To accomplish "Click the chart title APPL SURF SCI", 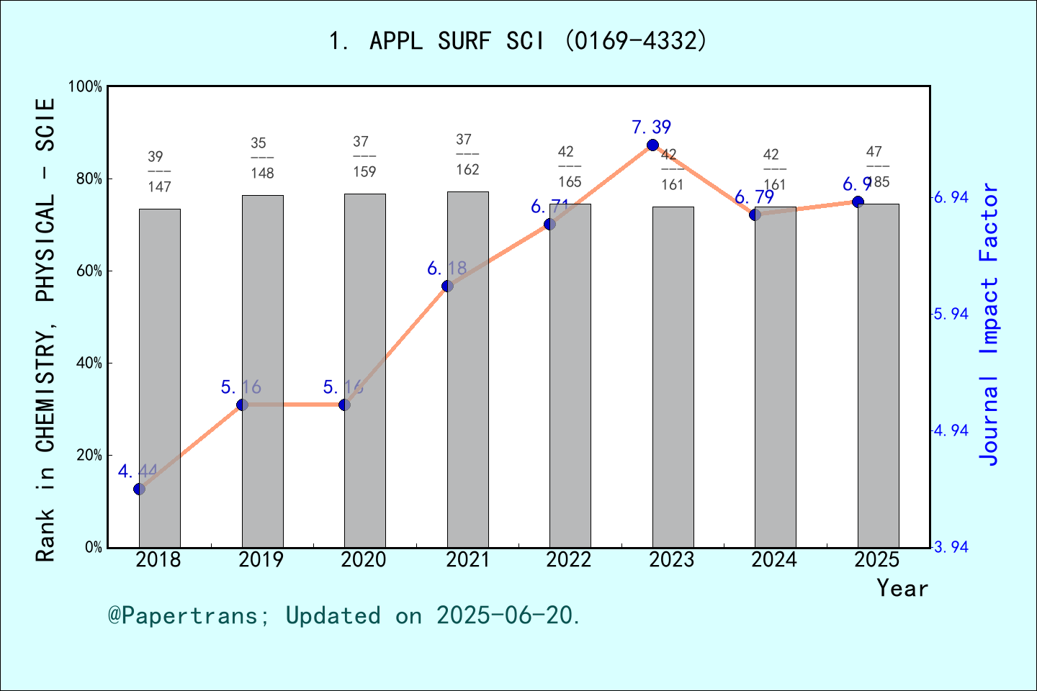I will (x=518, y=41).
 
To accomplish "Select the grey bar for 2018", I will (x=159, y=378).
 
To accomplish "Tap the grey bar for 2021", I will (x=467, y=369).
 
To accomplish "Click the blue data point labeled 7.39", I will (x=652, y=145).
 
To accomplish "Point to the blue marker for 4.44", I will (x=139, y=489).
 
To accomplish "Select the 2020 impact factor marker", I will (x=344, y=405).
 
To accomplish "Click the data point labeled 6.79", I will (x=755, y=215).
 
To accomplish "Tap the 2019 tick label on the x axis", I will (x=261, y=560).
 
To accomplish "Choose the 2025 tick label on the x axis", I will (x=877, y=560).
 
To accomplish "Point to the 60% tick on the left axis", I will (x=89, y=271).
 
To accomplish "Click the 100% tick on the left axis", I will (x=86, y=86).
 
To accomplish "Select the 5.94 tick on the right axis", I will (x=951, y=315).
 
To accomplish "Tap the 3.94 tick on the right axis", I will (x=951, y=548).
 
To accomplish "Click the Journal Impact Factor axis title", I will (x=989, y=324).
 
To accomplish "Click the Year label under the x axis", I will (x=902, y=588).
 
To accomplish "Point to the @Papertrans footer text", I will (x=344, y=615).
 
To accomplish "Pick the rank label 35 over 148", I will (x=262, y=158).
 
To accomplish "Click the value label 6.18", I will (x=446, y=268).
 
